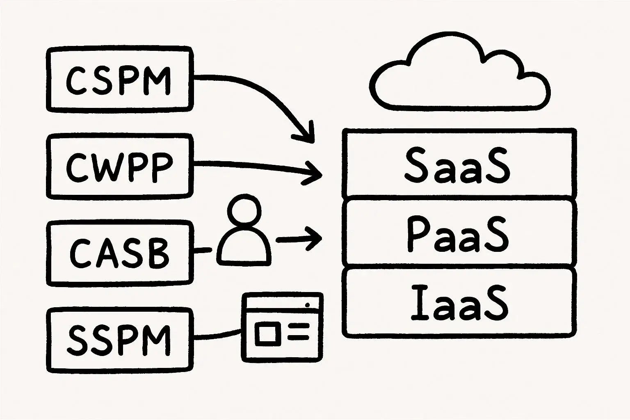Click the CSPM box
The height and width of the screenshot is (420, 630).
coord(119,80)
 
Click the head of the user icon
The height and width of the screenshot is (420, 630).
coord(244,210)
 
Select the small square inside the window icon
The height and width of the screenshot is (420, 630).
coord(267,333)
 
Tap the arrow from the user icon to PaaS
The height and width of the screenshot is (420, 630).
coord(299,239)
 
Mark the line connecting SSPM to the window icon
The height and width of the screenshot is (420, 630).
coord(217,334)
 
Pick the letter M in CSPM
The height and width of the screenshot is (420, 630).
coord(157,80)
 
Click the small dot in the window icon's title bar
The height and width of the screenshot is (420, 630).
coord(307,305)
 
